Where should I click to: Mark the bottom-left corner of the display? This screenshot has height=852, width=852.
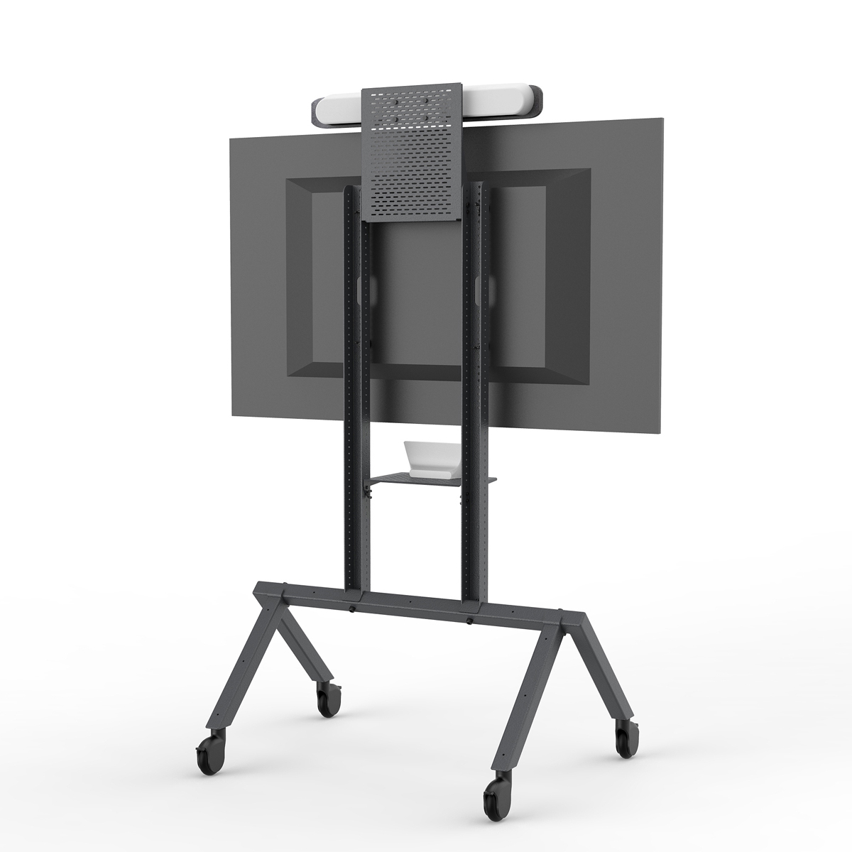click(x=229, y=415)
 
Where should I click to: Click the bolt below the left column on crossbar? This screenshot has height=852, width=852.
click(x=353, y=609)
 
